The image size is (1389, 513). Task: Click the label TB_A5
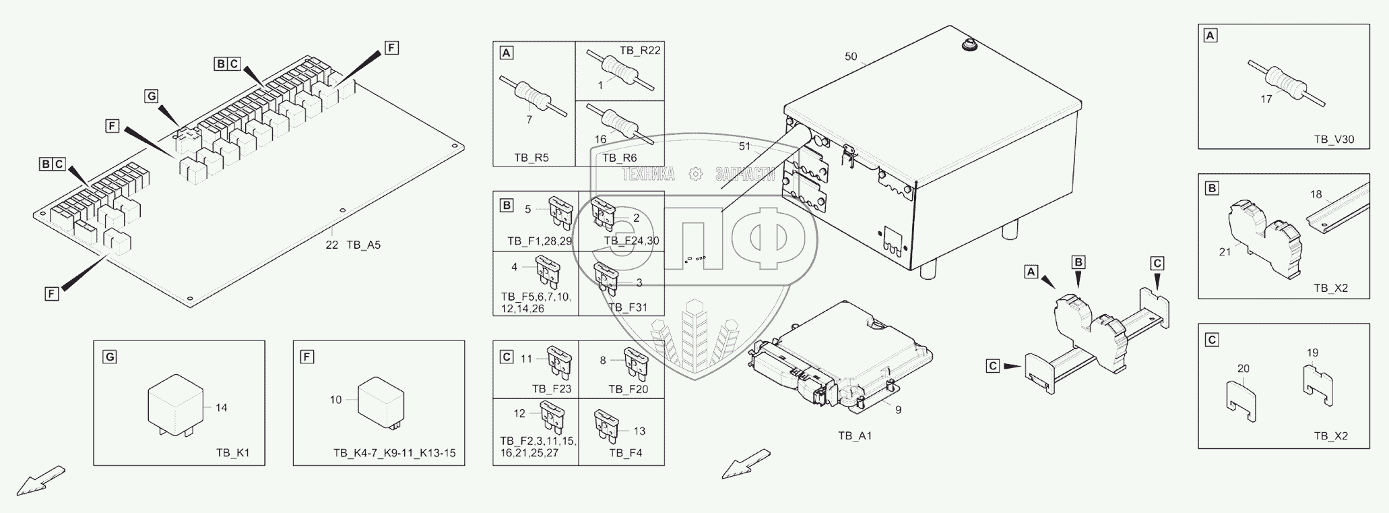click(x=364, y=245)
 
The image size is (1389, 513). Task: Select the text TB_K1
click(x=233, y=453)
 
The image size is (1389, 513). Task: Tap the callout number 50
click(x=851, y=57)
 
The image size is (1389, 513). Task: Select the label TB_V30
click(x=1334, y=140)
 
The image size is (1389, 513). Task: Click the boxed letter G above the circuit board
click(x=152, y=96)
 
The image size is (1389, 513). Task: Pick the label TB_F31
click(x=627, y=307)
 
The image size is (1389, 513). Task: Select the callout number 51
click(x=744, y=146)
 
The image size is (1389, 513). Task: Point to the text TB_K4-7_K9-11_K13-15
click(x=394, y=453)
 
